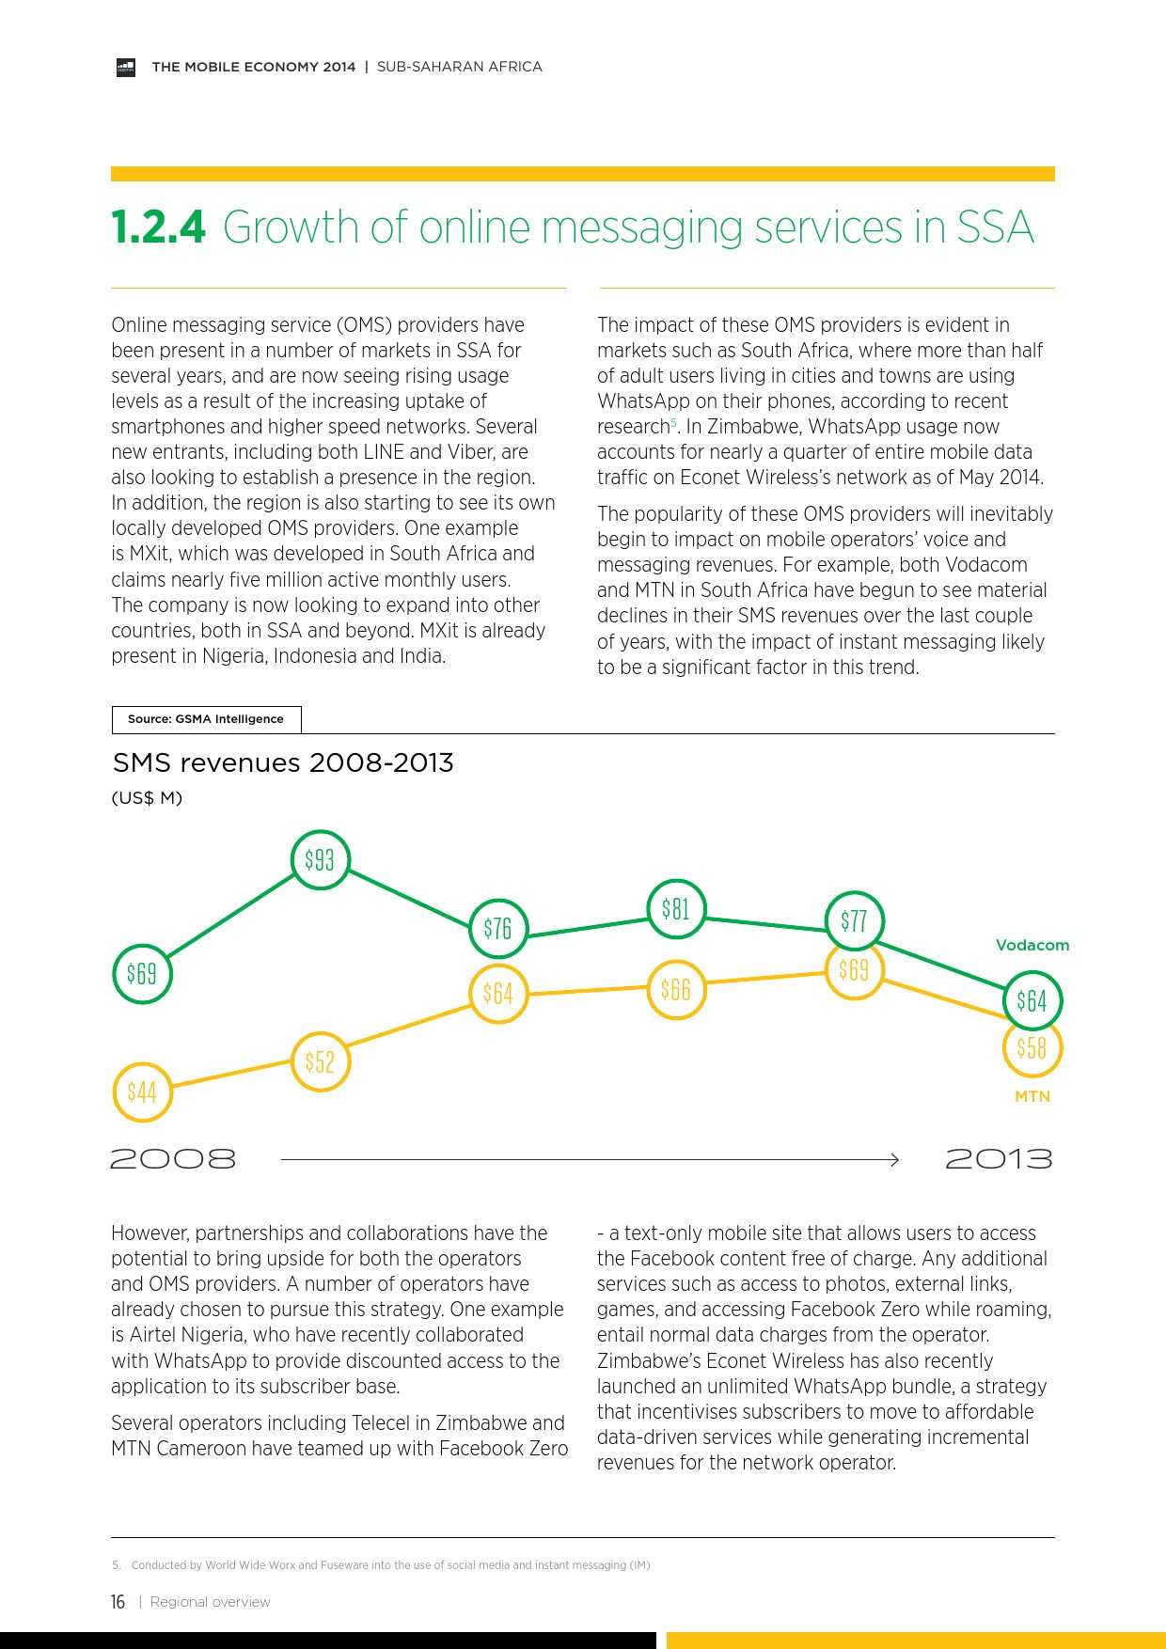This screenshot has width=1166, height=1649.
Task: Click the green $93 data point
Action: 320,859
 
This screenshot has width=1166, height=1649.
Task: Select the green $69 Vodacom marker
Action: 142,973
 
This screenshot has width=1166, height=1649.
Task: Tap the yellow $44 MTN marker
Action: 142,1091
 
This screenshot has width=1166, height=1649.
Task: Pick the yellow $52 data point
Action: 320,1061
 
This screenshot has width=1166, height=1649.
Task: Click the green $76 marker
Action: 497,929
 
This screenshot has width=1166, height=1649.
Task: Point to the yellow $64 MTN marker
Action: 497,993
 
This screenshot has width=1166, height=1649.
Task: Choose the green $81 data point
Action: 675,909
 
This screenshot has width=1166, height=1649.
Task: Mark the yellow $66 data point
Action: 675,989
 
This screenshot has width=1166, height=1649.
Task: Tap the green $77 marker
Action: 854,920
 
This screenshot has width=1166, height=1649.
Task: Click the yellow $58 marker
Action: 1032,1047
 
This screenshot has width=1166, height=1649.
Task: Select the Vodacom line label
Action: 1032,945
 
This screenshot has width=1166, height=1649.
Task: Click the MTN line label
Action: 1032,1096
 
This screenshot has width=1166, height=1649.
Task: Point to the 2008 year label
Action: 173,1159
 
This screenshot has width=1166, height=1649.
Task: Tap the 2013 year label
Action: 999,1159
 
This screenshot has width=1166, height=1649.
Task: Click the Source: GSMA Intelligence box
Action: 206,719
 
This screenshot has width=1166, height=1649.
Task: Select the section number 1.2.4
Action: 158,228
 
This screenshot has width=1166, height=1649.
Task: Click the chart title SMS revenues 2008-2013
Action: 283,762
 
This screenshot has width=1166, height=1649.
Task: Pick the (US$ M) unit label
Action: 147,798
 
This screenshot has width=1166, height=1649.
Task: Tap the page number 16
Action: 118,1602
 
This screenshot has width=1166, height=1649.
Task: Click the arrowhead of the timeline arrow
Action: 894,1160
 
